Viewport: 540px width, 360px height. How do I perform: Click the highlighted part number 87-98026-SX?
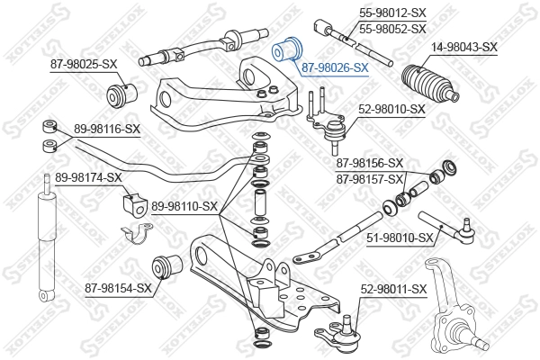pos(335,67)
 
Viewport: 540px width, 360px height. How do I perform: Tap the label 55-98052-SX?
pos(392,29)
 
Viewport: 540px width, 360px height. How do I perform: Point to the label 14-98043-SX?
pos(463,47)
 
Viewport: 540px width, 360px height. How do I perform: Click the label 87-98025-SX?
pos(84,63)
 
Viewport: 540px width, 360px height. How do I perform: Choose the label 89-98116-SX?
pos(106,129)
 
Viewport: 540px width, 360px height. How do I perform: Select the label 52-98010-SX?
pos(391,109)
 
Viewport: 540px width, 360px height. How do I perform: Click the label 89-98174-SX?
pos(88,177)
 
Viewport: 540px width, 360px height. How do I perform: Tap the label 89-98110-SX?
pos(185,206)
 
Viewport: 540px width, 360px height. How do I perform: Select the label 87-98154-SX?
pos(119,288)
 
